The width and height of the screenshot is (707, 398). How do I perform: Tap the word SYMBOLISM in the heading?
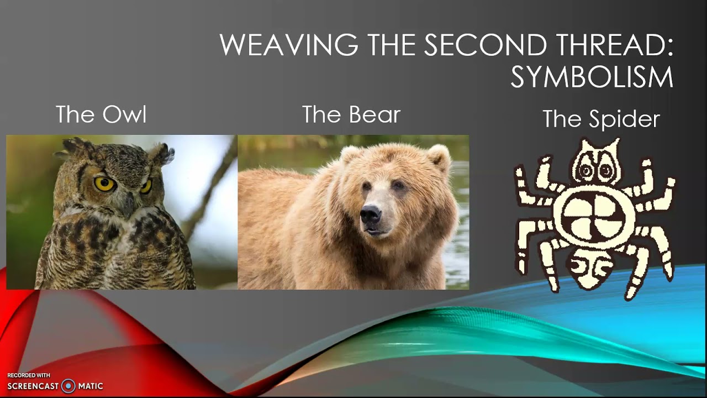point(592,77)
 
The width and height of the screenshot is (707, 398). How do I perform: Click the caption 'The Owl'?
point(101,115)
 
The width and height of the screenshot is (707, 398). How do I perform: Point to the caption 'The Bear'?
point(351,115)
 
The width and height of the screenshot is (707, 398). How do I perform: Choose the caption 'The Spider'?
point(601,119)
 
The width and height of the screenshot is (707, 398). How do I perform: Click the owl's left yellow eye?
point(103,183)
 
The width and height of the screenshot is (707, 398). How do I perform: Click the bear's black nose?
point(370,213)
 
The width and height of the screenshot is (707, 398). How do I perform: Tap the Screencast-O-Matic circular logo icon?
point(68,386)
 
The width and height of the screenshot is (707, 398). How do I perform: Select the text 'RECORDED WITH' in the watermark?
point(28,375)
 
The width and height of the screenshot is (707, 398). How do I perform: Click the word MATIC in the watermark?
point(91,386)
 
